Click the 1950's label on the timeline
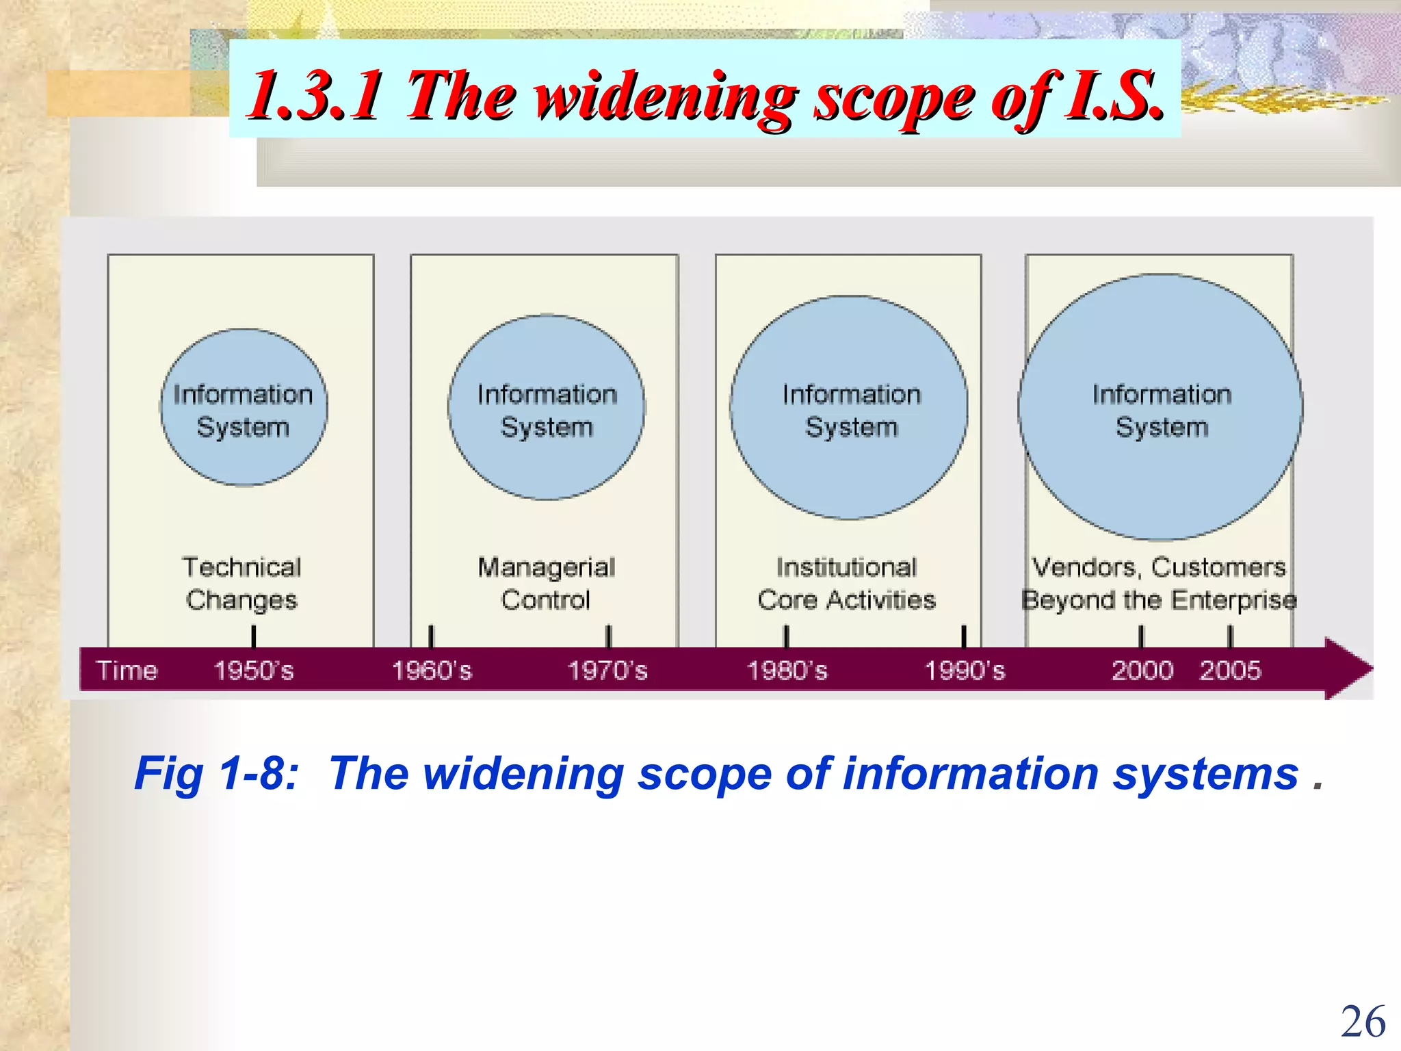click(254, 671)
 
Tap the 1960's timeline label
click(432, 671)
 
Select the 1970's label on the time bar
click(607, 671)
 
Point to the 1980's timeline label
click(787, 671)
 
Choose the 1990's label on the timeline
click(965, 671)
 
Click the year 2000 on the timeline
click(1142, 671)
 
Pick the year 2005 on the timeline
click(1230, 671)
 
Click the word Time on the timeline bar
click(127, 671)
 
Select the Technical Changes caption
click(242, 584)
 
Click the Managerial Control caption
click(546, 584)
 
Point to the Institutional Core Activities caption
click(846, 584)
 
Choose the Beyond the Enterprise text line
click(1159, 600)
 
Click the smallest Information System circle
click(244, 408)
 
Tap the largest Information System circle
click(1160, 408)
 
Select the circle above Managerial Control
click(546, 408)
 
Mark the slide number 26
click(1363, 1022)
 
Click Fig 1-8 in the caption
click(216, 774)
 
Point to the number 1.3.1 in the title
click(315, 95)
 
